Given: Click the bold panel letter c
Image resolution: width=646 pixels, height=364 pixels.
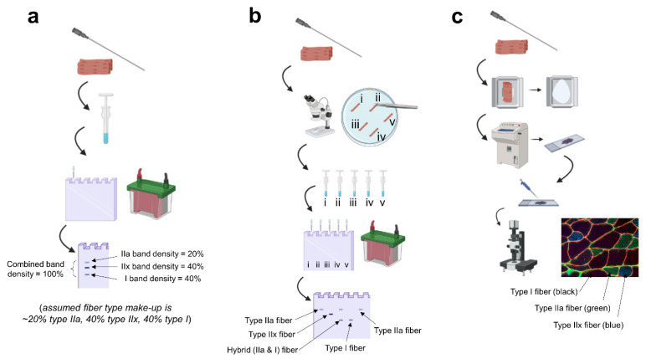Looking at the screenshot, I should click(458, 18).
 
